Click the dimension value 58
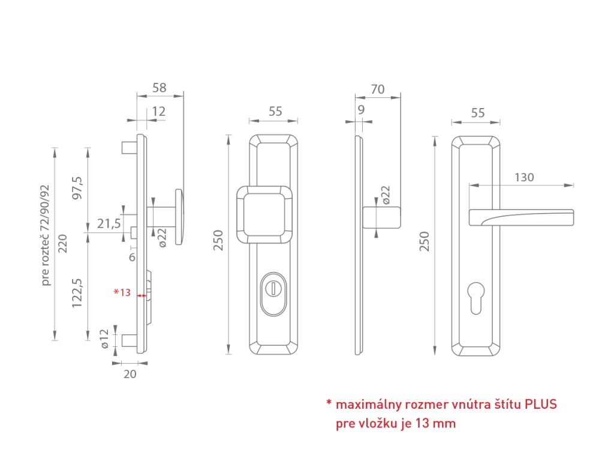click(159, 88)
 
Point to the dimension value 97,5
click(77, 190)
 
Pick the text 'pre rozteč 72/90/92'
click(46, 235)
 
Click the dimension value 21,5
click(109, 224)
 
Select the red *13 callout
click(122, 292)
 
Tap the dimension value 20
click(130, 374)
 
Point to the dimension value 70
click(378, 89)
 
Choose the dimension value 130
click(523, 177)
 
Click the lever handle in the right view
click(522, 216)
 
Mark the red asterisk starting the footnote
click(329, 403)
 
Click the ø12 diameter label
click(104, 339)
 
